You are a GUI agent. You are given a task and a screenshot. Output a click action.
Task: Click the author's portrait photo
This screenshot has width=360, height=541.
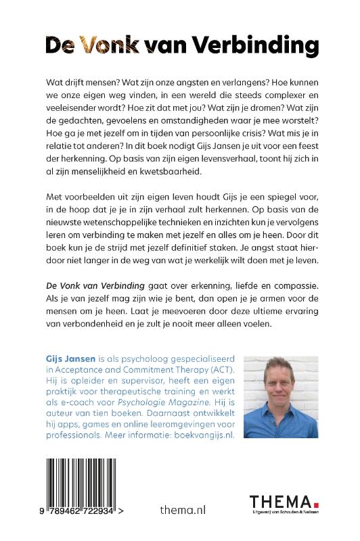coord(281,396)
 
